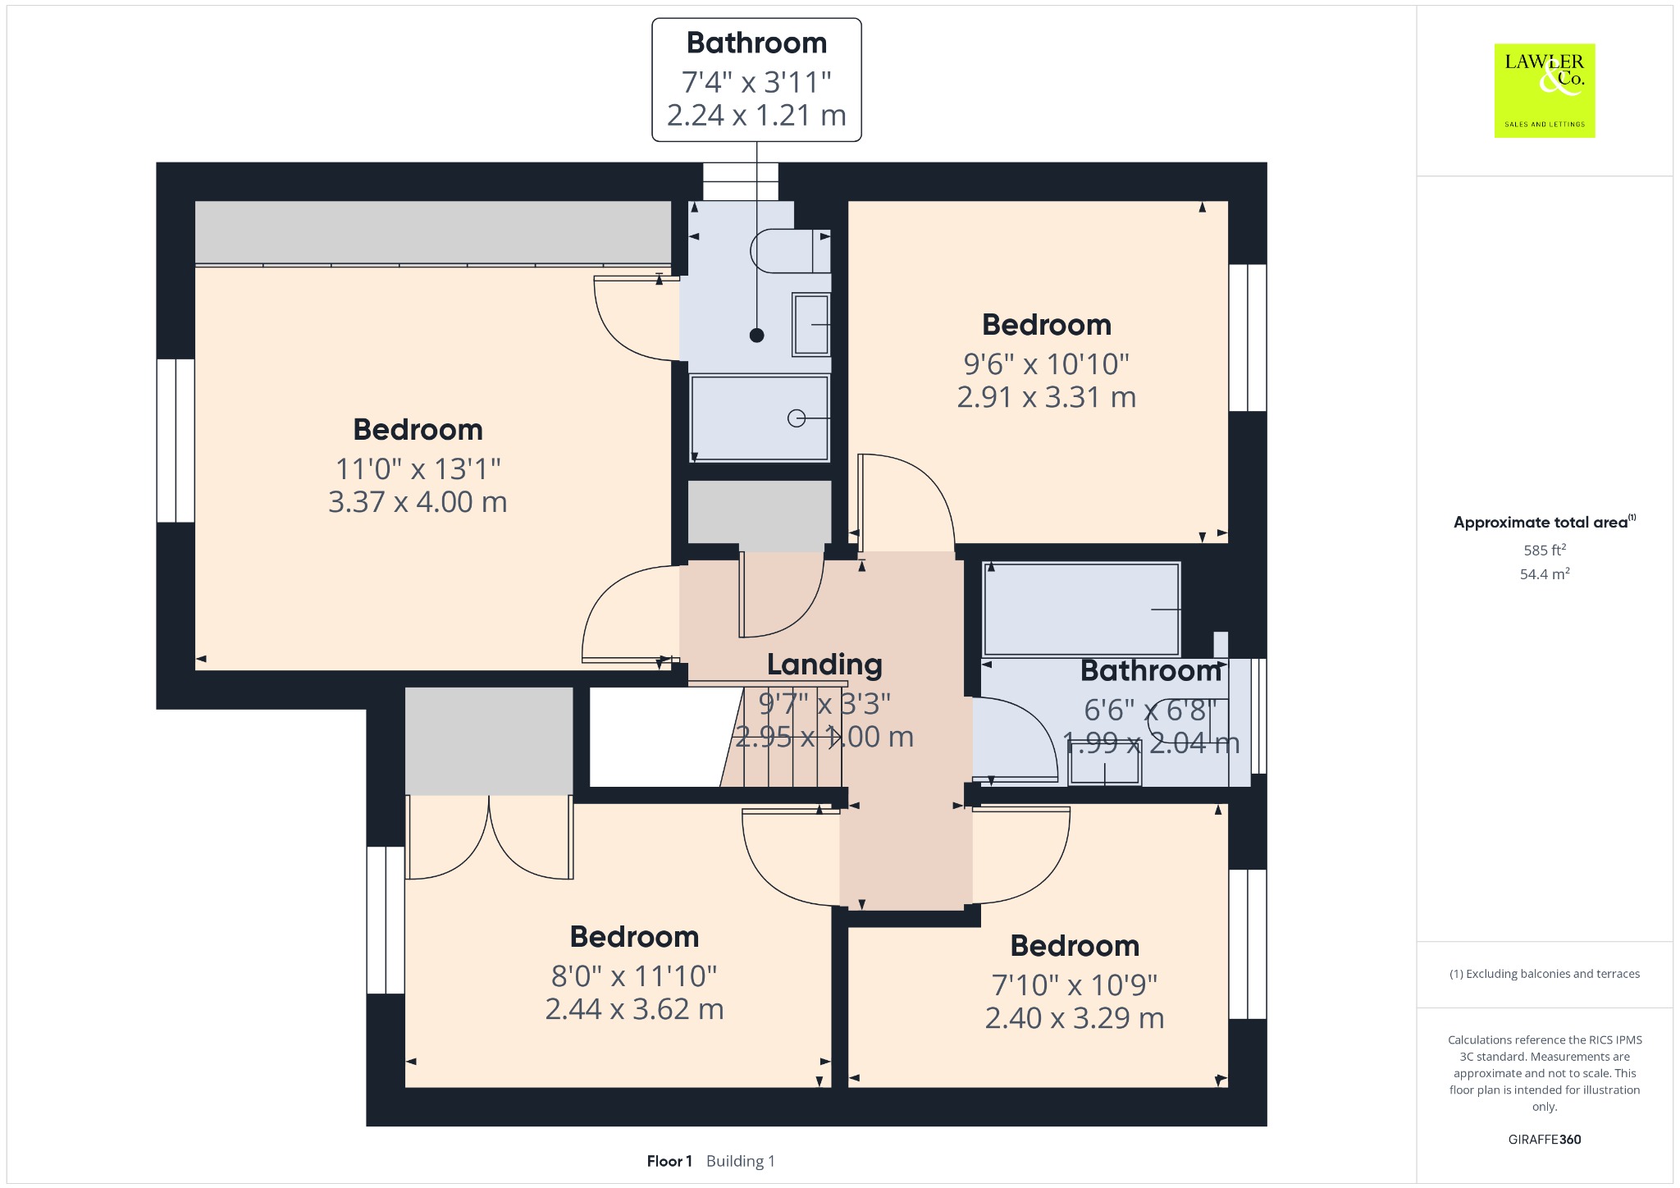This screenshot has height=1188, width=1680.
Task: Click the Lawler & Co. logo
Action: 1545,90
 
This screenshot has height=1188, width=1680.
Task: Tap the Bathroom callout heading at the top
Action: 756,43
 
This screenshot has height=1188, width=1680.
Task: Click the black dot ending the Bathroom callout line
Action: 757,335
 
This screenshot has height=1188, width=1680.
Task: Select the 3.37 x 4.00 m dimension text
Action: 418,501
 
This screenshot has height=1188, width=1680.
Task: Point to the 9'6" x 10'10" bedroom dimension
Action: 1047,363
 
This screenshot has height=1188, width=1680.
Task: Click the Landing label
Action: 824,665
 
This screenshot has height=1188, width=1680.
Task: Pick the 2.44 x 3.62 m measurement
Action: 634,1008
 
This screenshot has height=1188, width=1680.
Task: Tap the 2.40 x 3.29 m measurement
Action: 1075,1017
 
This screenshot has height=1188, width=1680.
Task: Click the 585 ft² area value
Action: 1545,550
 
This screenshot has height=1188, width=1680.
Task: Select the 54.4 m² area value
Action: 1545,573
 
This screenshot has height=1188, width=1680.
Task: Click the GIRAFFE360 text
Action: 1545,1139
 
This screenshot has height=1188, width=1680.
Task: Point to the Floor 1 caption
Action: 669,1161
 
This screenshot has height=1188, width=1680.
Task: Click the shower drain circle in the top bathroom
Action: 796,418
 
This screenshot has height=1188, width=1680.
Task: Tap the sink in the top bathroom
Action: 811,324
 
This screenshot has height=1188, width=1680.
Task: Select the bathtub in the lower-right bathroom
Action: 1082,609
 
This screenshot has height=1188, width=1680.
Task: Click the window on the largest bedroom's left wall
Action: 176,441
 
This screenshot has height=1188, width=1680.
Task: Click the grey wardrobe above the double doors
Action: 489,741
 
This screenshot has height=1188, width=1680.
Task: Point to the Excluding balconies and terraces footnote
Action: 1545,974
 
